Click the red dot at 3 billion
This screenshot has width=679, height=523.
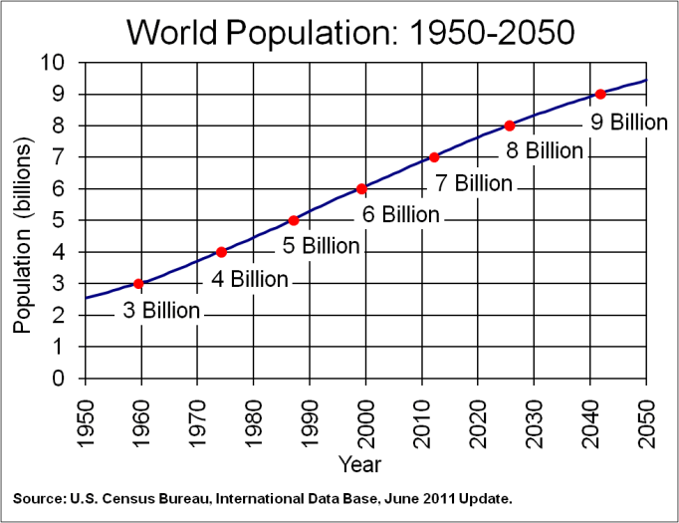137,284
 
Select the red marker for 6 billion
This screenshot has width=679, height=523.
361,189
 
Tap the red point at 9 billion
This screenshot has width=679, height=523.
599,94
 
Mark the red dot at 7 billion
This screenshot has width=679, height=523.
434,157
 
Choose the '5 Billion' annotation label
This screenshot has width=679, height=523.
321,246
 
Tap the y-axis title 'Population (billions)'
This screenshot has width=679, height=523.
23,236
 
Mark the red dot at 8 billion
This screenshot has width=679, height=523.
509,126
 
